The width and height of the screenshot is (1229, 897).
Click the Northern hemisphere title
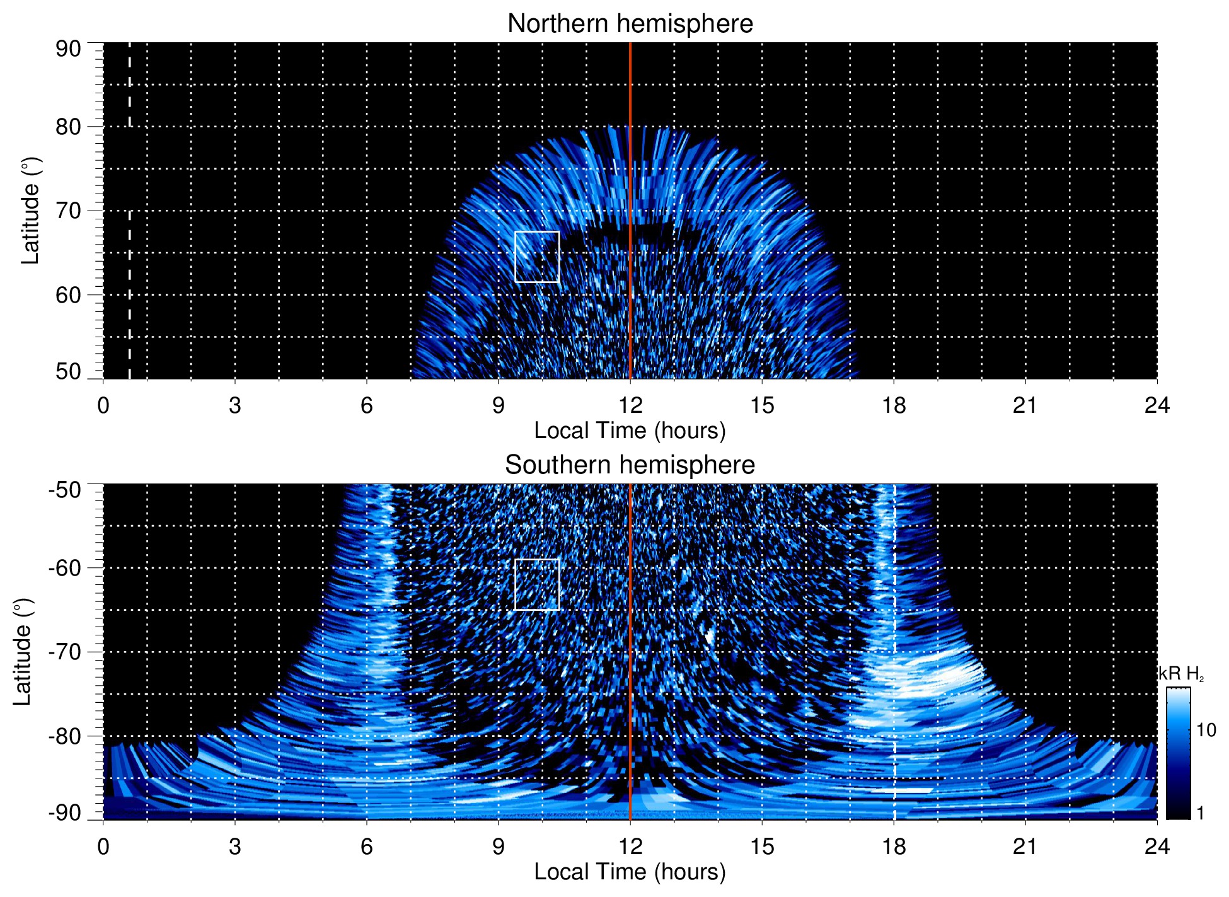pyautogui.click(x=630, y=24)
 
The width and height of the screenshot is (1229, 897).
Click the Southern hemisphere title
pyautogui.click(x=630, y=465)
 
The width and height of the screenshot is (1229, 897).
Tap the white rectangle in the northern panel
pyautogui.click(x=537, y=257)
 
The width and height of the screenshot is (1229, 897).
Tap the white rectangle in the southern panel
pyautogui.click(x=537, y=584)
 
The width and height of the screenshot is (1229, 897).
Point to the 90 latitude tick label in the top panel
pyautogui.click(x=68, y=49)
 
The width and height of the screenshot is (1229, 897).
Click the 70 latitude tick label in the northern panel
pyautogui.click(x=68, y=211)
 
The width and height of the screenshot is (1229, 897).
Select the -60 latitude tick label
pyautogui.click(x=64, y=568)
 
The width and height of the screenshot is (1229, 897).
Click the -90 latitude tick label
pyautogui.click(x=64, y=813)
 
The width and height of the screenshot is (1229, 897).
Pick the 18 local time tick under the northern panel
pyautogui.click(x=894, y=405)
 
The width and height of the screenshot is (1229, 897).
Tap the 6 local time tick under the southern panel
pyautogui.click(x=366, y=846)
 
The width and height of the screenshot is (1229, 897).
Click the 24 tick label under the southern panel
pyautogui.click(x=1157, y=846)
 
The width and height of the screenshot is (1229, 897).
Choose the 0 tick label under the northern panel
pyautogui.click(x=103, y=405)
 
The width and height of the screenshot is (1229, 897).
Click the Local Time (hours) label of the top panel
pyautogui.click(x=630, y=431)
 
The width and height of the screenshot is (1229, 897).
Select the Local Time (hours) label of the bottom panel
pyautogui.click(x=630, y=872)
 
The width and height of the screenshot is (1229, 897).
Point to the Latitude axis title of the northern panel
pyautogui.click(x=30, y=211)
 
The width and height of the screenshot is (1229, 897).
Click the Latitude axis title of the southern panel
pyautogui.click(x=22, y=652)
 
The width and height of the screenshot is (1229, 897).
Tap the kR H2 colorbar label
pyautogui.click(x=1181, y=674)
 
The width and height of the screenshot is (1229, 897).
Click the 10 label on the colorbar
pyautogui.click(x=1206, y=731)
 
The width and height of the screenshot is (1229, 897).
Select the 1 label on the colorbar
pyautogui.click(x=1200, y=813)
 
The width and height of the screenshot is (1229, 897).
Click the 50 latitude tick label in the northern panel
pyautogui.click(x=68, y=371)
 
